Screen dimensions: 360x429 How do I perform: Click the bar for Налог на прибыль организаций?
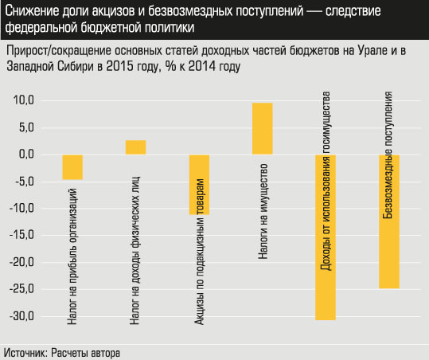coord(72,167)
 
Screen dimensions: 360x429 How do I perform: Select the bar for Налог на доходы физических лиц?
coord(135,147)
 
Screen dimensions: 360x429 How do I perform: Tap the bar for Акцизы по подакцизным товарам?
coord(198,185)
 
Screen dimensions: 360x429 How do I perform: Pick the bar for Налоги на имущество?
coord(262,129)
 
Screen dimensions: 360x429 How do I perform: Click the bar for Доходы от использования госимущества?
coord(326,237)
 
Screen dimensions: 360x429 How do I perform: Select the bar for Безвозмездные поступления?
coord(388,221)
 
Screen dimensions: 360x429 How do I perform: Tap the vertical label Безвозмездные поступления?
coord(388,156)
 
